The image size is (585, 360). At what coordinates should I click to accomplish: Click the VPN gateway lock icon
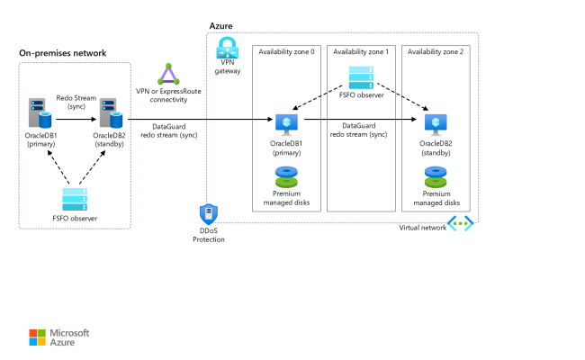coord(228,50)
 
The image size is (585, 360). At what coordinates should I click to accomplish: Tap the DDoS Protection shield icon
coord(208,214)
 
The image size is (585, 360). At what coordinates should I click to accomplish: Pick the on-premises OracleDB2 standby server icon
coord(111,113)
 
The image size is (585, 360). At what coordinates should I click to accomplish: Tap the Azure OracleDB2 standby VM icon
coord(436,123)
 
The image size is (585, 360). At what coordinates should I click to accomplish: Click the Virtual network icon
coord(460,224)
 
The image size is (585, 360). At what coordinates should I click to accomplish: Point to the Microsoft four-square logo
coord(36,337)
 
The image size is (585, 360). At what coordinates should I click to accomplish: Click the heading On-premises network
coord(62,53)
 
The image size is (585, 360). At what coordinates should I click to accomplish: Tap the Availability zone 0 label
coord(287,52)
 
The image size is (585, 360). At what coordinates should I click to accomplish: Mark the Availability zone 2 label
coord(436,52)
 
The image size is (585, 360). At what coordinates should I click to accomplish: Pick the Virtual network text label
coord(422,228)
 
